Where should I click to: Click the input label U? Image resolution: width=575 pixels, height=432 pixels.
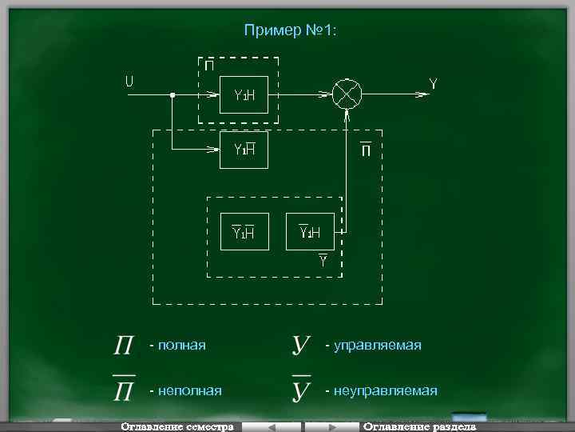tap(129, 81)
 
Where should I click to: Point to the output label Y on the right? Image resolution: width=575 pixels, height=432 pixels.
tap(433, 83)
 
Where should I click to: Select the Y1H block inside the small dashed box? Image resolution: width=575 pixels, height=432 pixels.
tap(244, 95)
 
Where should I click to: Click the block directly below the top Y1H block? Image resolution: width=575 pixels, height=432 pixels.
tap(244, 149)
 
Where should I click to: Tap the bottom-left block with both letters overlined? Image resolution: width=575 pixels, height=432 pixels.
tap(244, 232)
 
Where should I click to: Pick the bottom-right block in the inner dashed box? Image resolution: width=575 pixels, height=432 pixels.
tap(309, 232)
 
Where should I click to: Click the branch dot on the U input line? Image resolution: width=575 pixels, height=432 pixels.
tap(172, 95)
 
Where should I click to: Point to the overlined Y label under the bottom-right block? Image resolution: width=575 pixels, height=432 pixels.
tap(323, 260)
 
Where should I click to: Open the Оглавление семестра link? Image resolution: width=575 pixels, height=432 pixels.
tap(176, 426)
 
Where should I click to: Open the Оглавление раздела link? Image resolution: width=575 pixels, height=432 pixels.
tap(418, 426)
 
